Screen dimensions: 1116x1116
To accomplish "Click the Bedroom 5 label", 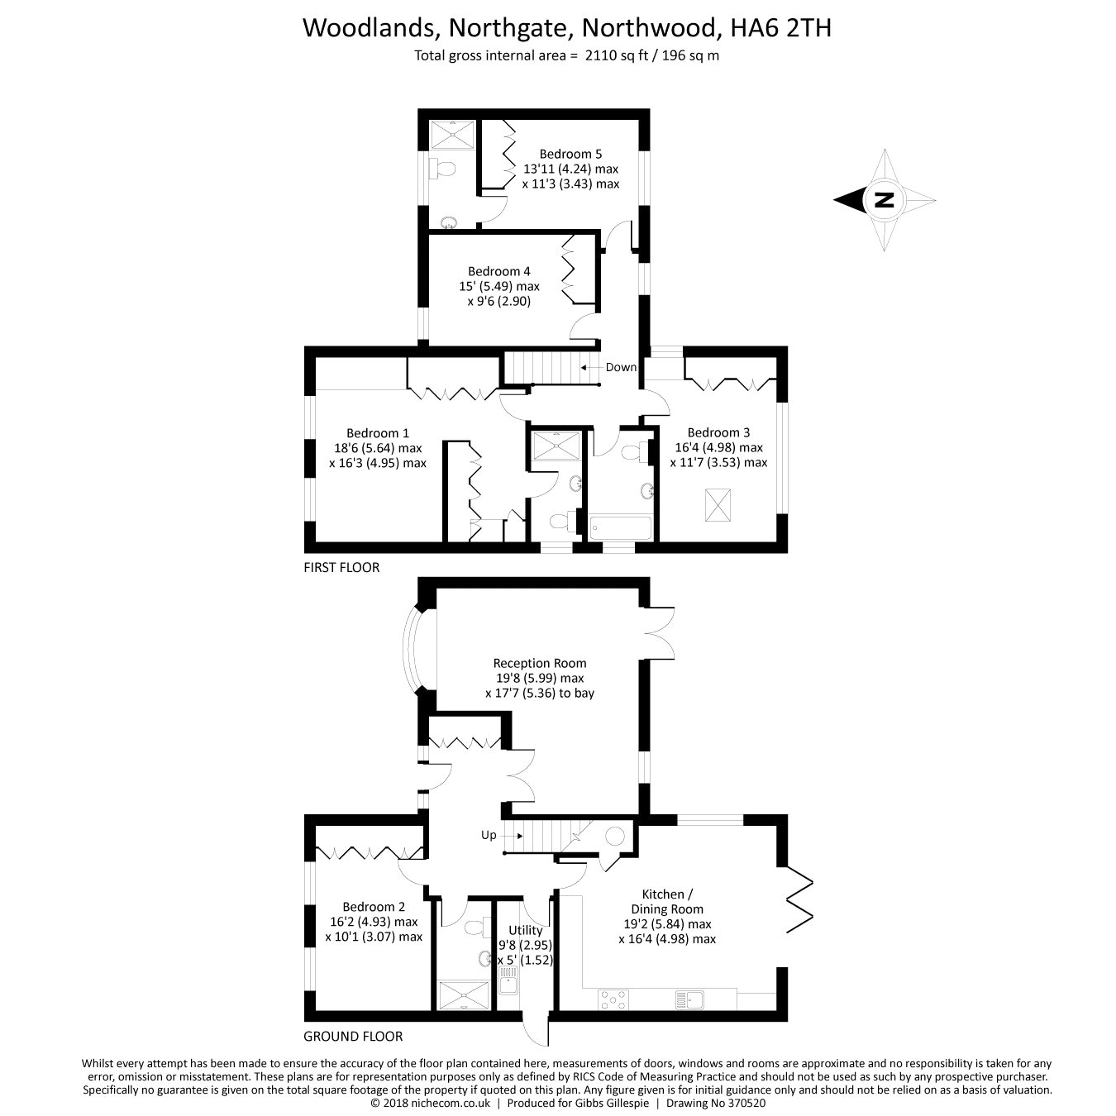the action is (x=570, y=154).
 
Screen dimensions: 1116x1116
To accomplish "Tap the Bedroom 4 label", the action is (x=498, y=272).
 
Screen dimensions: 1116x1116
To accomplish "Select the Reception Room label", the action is (x=540, y=663).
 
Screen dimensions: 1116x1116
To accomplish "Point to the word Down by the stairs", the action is (x=621, y=367).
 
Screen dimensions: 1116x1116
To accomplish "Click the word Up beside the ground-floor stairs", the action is (x=489, y=835).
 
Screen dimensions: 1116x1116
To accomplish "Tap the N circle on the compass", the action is (x=884, y=200).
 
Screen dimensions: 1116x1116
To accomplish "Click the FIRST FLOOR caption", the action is (x=341, y=568).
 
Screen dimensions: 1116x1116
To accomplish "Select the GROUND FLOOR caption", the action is (x=353, y=1036).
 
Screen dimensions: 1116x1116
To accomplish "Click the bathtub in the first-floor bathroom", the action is (x=620, y=527).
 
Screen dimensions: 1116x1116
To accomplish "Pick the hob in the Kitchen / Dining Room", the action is (x=613, y=999).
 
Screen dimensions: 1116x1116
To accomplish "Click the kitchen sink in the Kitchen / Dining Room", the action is (x=689, y=999).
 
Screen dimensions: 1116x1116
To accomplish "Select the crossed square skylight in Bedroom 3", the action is (x=718, y=504).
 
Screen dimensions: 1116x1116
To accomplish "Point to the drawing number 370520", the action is (x=745, y=1104).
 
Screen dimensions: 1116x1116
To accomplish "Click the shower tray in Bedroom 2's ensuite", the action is (x=463, y=995).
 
